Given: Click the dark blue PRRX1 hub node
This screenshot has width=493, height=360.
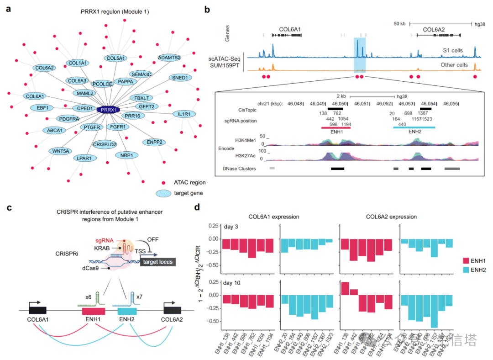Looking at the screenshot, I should [x=108, y=110].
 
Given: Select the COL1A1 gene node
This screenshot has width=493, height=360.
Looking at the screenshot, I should [x=78, y=63].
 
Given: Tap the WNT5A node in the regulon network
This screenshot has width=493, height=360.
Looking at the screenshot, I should [x=60, y=150].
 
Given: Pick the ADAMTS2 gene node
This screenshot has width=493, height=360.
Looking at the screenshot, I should [x=169, y=58].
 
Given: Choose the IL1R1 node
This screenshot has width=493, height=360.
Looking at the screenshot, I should [x=184, y=114].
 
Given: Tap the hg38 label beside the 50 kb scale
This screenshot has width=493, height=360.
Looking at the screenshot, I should [x=480, y=23].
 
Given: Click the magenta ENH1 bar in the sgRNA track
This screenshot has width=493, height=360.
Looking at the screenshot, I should [x=336, y=127].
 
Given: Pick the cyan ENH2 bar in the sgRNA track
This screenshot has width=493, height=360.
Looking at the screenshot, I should [x=414, y=127].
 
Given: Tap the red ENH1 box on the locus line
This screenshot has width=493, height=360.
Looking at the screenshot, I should [x=94, y=311].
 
